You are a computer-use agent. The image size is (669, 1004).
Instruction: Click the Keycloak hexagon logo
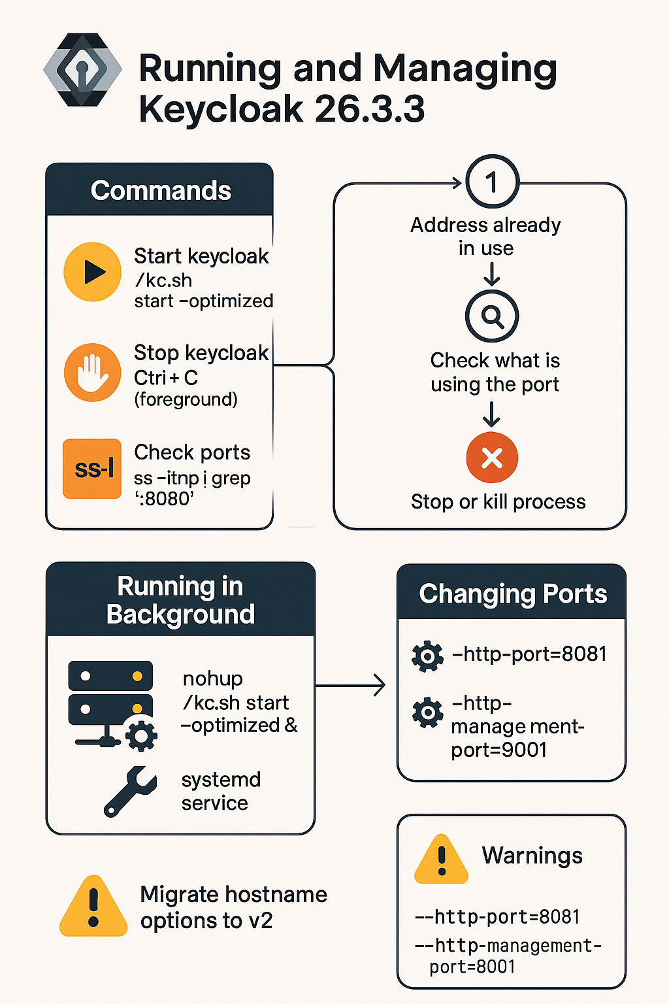[x=82, y=69]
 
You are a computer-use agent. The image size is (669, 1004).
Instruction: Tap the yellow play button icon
[x=92, y=272]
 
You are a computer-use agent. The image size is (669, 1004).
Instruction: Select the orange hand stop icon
[x=92, y=373]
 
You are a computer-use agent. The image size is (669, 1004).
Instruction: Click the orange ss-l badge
[x=92, y=469]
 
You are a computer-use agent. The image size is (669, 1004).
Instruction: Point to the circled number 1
[x=492, y=182]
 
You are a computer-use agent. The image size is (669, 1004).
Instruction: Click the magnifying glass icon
[x=492, y=316]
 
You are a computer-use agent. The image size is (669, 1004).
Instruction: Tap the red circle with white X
[x=492, y=458]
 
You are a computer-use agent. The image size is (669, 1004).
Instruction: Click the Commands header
[x=160, y=190]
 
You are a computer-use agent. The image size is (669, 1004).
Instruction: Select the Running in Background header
[x=180, y=600]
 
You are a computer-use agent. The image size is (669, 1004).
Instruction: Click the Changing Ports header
[x=512, y=594]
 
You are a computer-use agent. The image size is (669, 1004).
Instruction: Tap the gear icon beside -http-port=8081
[x=428, y=656]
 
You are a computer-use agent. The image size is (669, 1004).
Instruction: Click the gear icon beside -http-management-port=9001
[x=428, y=712]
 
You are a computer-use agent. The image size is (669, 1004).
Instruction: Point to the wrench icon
[x=130, y=792]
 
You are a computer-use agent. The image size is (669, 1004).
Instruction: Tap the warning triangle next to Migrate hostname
[x=93, y=907]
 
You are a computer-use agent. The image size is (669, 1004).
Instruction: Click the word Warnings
[x=532, y=855]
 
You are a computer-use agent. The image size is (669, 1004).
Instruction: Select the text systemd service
[x=220, y=791]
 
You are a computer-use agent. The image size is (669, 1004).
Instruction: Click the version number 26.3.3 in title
[x=369, y=109]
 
